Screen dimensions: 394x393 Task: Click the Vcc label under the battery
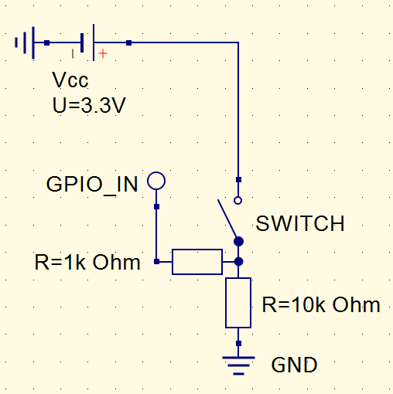click(x=70, y=81)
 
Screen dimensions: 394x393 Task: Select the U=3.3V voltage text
click(x=88, y=106)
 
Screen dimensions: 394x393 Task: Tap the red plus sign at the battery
click(x=102, y=53)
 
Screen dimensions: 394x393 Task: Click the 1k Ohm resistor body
click(x=196, y=262)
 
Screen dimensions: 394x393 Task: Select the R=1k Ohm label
click(x=87, y=262)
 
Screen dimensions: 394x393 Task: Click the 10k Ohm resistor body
click(x=238, y=303)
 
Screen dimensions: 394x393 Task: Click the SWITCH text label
click(x=300, y=224)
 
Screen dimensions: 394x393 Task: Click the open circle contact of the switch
click(x=238, y=200)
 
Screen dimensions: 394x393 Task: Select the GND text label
click(x=294, y=365)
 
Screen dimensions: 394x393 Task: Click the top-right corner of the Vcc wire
click(x=238, y=42)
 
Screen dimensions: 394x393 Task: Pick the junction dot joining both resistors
click(x=238, y=262)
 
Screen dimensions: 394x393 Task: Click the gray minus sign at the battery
click(x=73, y=53)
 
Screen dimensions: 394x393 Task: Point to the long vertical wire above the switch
click(x=238, y=108)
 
